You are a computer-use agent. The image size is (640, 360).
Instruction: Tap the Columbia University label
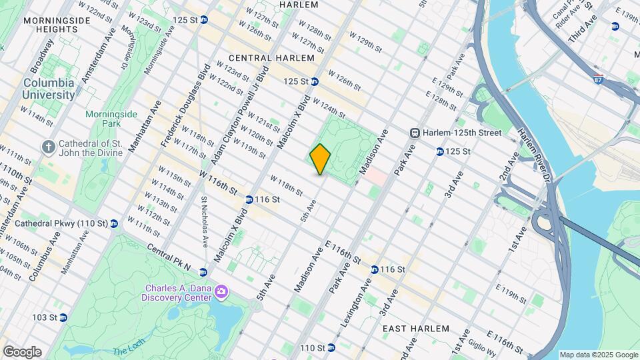click(x=49, y=89)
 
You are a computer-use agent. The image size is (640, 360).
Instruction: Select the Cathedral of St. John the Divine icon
click(x=49, y=146)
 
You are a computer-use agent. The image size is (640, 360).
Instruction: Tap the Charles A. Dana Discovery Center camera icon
click(x=221, y=292)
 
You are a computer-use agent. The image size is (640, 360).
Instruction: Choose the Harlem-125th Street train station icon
click(x=415, y=133)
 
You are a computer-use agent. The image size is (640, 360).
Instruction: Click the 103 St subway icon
click(x=63, y=317)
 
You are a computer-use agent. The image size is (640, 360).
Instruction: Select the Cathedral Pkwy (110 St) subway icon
click(x=114, y=223)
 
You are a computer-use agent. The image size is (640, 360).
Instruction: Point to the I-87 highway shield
click(x=599, y=78)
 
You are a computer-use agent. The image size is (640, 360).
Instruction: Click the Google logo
click(x=21, y=352)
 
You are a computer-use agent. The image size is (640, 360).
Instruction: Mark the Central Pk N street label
click(x=169, y=258)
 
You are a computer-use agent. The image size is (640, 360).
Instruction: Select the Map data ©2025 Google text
click(x=598, y=355)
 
